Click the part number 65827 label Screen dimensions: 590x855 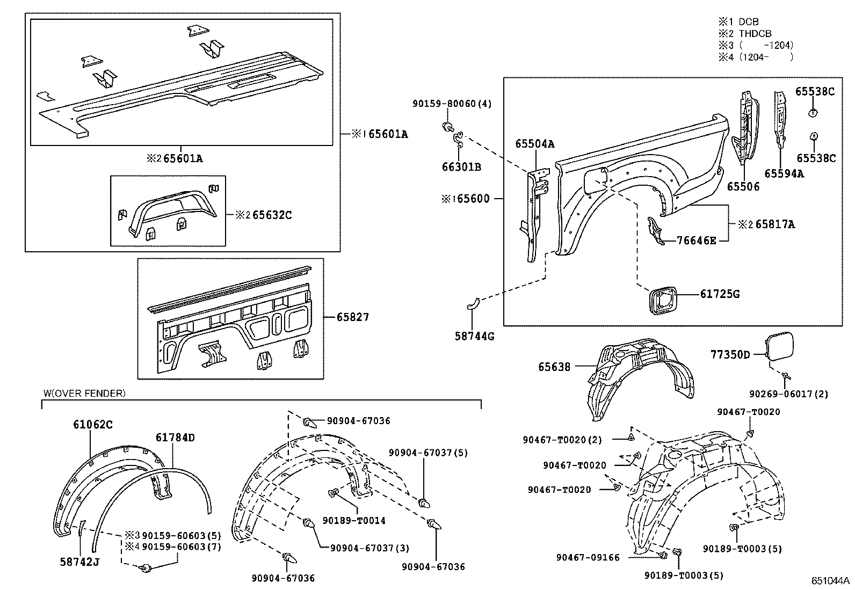point(353,317)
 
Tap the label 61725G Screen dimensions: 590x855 point(720,294)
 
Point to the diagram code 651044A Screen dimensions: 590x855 point(830,580)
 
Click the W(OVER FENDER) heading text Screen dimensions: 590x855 point(84,394)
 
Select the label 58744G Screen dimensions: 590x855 point(475,337)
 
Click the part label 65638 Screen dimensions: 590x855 point(554,367)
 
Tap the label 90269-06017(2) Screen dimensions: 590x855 point(789,394)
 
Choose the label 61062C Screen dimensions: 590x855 point(93,425)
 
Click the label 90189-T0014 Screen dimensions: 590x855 point(354,520)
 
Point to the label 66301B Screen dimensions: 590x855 point(461,167)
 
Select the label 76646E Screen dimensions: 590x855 point(697,241)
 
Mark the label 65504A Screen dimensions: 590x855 point(534,144)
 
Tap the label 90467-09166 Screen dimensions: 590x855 point(588,558)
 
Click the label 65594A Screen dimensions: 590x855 point(784,173)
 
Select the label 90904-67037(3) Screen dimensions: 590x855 point(369,548)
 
